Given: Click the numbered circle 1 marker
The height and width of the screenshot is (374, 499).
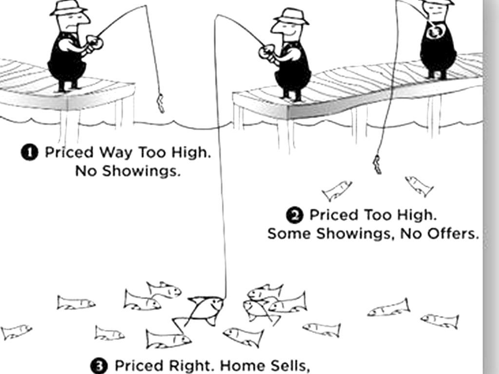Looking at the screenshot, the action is (30, 152).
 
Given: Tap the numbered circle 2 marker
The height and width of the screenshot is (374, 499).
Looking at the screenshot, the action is (295, 216).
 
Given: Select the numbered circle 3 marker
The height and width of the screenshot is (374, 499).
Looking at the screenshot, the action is (99, 366).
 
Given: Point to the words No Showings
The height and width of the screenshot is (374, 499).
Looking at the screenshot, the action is (128, 171).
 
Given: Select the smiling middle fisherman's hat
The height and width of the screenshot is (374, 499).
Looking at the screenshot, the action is (291, 16).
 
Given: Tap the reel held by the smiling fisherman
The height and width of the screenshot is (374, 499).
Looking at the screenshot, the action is (268, 51).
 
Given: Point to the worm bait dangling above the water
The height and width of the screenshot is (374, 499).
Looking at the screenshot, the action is (160, 103).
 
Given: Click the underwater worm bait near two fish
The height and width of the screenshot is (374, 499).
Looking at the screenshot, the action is (377, 165).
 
